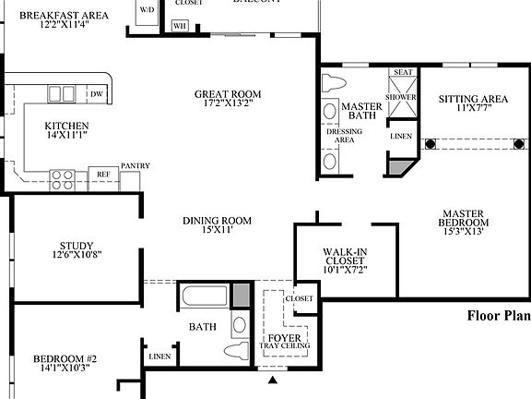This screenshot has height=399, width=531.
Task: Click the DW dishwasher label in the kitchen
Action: pos(96,94)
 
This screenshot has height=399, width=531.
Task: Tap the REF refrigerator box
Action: pos(103,174)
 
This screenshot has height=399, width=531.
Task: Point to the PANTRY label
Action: pos(136,166)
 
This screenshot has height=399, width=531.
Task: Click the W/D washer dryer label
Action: pos(147,9)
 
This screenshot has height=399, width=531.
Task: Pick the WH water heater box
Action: pos(179,25)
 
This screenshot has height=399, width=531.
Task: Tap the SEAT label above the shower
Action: pos(402,72)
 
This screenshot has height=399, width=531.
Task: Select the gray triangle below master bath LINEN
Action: pos(398,166)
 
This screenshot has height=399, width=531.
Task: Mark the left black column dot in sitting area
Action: pos(430,143)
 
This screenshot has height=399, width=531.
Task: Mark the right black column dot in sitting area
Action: pos(519,143)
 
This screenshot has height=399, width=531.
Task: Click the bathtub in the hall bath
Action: pos(204,299)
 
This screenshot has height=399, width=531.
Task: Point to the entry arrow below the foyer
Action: pos(272,380)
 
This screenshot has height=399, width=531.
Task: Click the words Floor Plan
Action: pos(498,316)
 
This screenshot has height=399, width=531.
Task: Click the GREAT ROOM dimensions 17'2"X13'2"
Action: pos(227,103)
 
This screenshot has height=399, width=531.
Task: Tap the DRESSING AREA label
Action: pos(345,136)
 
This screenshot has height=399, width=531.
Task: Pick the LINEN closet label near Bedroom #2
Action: pos(159,356)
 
